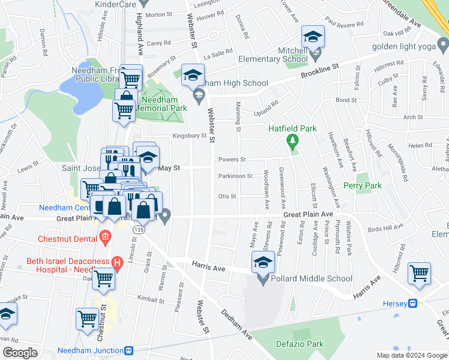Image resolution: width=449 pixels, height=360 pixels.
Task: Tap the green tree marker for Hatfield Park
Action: [293, 142]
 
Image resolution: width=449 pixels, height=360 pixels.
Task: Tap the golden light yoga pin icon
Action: [443, 44]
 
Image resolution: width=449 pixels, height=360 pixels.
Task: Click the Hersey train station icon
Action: [413, 304]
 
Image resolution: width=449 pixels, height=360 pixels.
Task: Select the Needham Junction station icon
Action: [128, 350]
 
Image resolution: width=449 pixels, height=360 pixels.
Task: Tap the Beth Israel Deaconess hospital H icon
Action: [118, 262]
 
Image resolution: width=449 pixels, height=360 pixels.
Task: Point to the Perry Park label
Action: [362, 186]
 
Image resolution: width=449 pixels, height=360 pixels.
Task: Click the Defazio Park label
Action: [301, 344]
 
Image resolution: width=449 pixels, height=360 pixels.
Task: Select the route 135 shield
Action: [140, 229]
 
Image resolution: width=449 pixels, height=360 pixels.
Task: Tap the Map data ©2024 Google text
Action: [411, 355]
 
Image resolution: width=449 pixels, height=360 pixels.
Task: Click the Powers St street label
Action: [232, 160]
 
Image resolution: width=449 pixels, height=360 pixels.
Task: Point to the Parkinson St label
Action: [235, 176]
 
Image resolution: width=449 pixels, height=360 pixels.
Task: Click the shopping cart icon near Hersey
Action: [419, 274]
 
